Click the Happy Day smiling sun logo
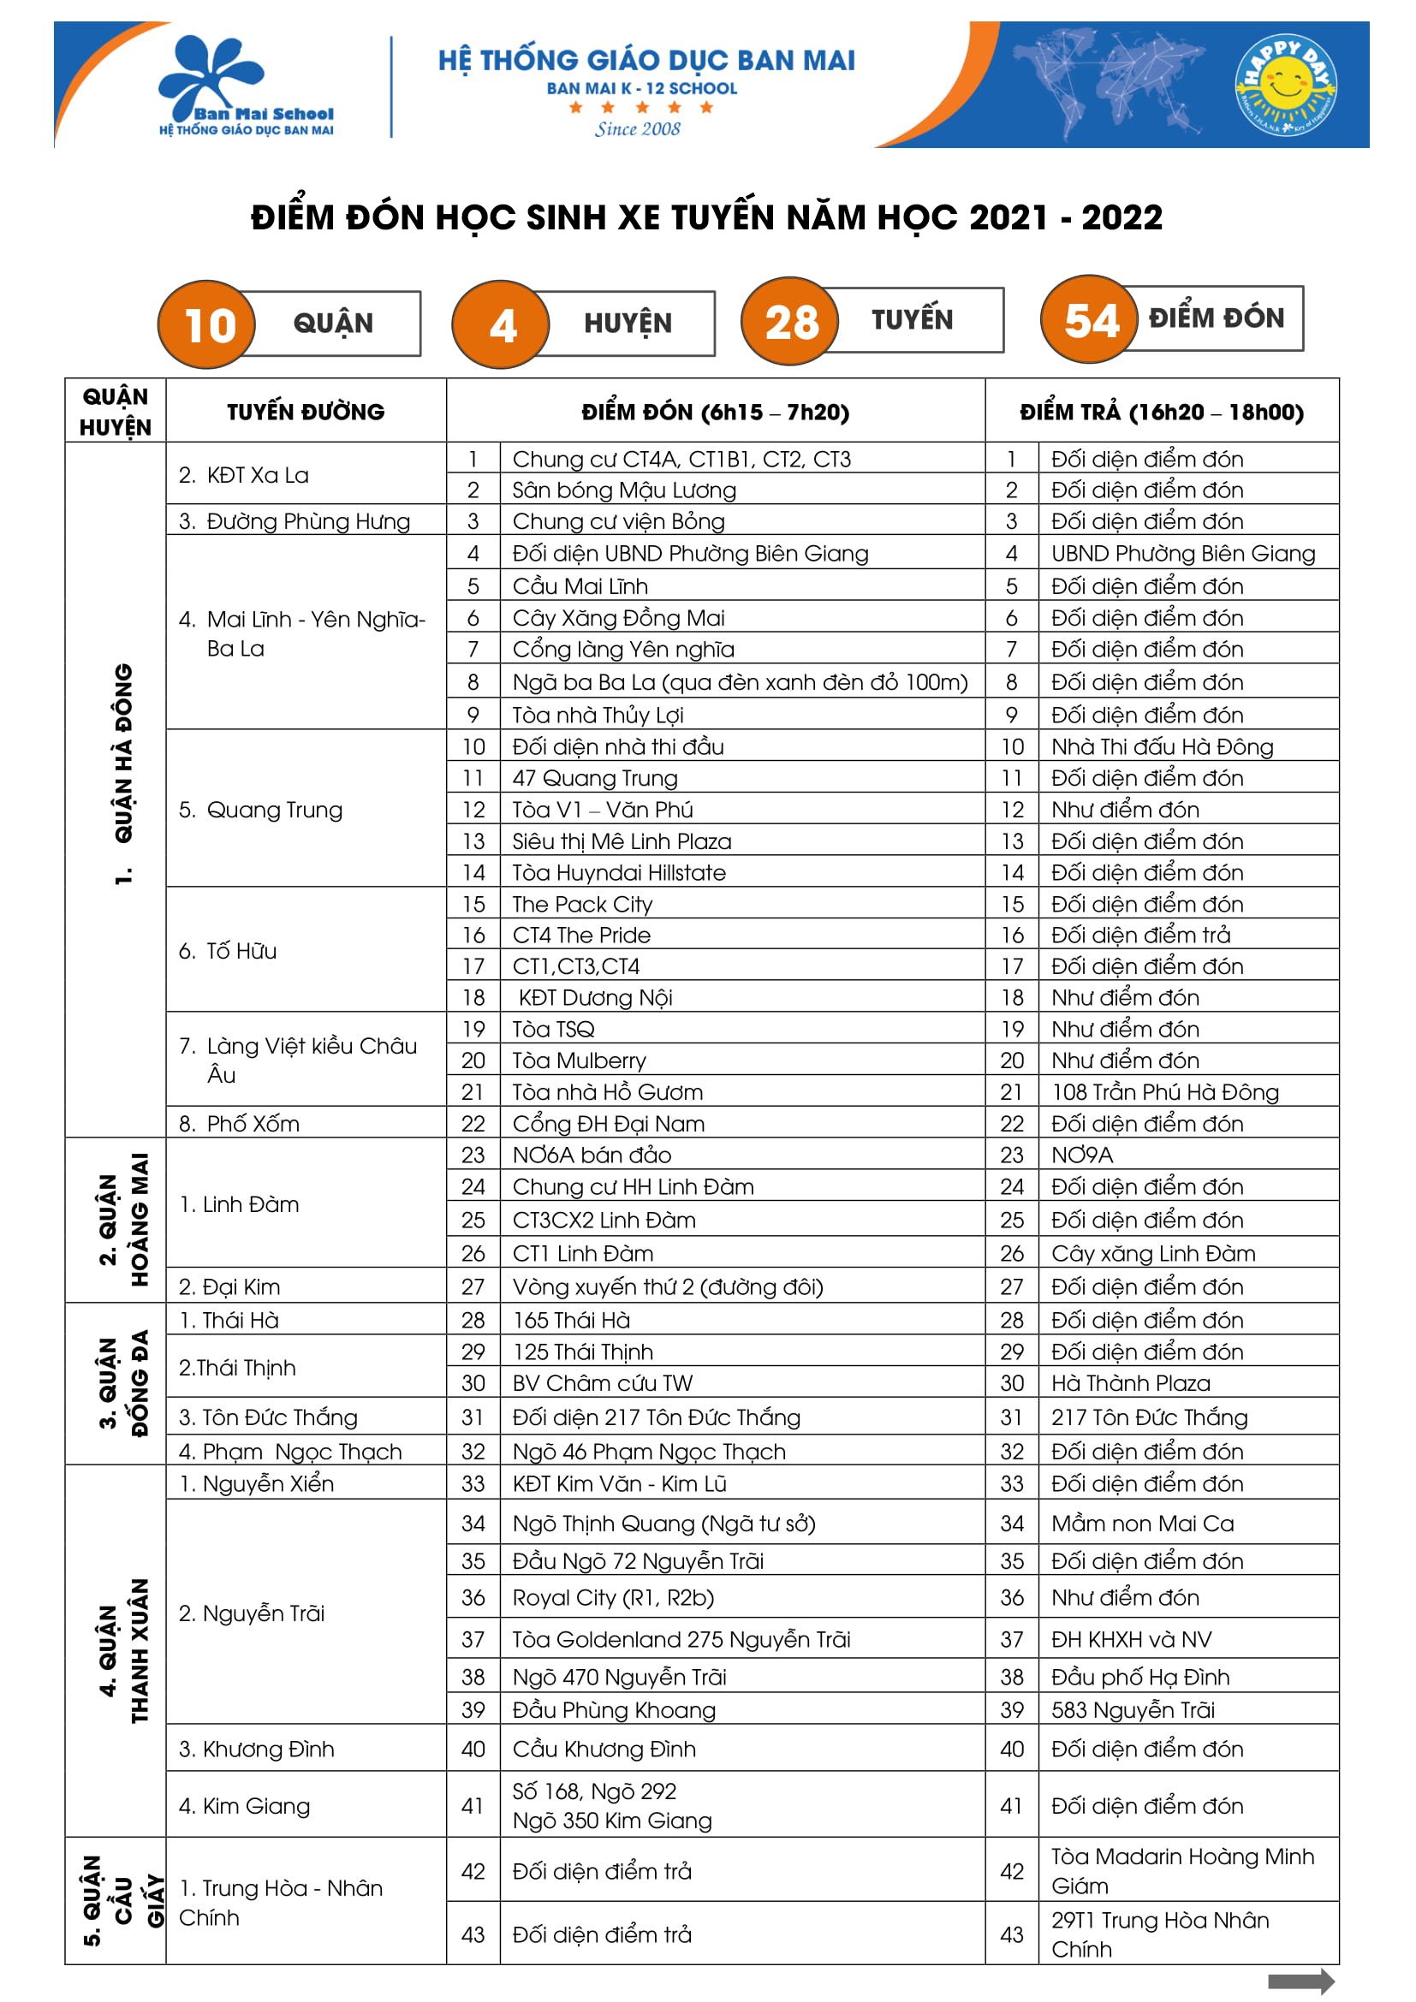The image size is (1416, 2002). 1285,86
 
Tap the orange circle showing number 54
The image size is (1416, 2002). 1091,320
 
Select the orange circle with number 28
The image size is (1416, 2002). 791,322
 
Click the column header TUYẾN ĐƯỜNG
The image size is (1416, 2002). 305,412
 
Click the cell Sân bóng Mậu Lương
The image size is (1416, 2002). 624,490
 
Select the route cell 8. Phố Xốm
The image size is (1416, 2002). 240,1123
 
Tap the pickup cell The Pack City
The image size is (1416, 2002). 582,903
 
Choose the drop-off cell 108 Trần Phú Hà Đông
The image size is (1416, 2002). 1165,1091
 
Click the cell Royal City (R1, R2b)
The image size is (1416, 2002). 613,1597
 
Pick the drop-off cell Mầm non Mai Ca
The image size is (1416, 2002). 1142,1524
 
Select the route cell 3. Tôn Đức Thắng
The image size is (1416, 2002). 269,1417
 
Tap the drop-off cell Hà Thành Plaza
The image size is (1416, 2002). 1131,1383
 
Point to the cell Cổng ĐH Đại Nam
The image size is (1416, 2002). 609,1123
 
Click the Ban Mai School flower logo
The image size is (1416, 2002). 213,79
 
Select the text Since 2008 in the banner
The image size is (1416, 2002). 638,129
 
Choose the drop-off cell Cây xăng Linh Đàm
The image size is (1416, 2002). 1152,1253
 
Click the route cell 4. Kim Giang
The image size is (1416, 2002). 245,1806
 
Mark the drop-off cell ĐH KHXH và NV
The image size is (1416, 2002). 1131,1639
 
